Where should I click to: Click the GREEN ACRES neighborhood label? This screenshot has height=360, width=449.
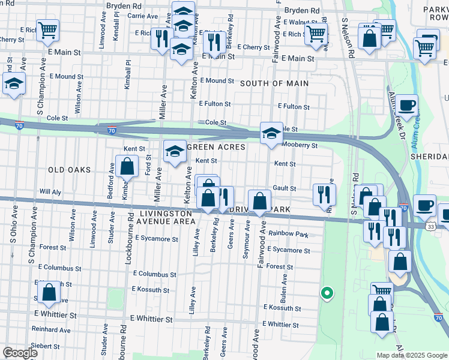217,147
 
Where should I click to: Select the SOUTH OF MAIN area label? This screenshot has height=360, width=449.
274,83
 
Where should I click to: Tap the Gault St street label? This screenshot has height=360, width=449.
285,188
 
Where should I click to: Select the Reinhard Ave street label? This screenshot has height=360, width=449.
51,329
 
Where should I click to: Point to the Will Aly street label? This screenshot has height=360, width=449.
50,191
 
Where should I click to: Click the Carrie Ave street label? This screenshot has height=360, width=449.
142,16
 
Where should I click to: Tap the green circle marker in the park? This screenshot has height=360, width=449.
326,293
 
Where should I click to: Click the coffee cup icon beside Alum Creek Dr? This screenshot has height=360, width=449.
406,105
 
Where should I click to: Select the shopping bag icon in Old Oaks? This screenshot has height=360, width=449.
127,166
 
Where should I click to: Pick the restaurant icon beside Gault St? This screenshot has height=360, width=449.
322,193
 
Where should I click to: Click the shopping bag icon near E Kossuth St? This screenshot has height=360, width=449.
49,292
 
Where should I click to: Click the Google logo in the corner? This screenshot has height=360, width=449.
20,352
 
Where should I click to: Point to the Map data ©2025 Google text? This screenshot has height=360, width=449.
411,355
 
